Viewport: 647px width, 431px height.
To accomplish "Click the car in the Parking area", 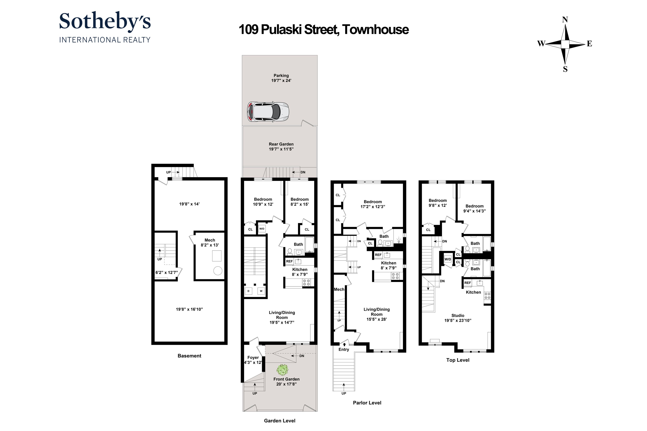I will (x=268, y=112).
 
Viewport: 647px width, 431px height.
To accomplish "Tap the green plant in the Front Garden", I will (x=282, y=370).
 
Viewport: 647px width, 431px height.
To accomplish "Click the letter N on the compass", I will (x=565, y=20).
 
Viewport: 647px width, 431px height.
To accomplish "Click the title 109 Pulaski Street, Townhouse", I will (x=323, y=30).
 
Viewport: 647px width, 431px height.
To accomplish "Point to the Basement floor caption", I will (x=189, y=356).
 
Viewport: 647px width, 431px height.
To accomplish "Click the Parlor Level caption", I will (x=367, y=403).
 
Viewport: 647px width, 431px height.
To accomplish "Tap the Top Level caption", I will (x=457, y=360).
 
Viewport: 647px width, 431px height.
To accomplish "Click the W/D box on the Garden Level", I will (x=262, y=229).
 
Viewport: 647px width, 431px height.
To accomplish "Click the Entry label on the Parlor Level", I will (x=344, y=349).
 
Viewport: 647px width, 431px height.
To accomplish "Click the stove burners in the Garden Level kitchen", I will (x=306, y=282).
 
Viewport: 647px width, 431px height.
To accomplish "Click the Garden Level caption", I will (x=279, y=421).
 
